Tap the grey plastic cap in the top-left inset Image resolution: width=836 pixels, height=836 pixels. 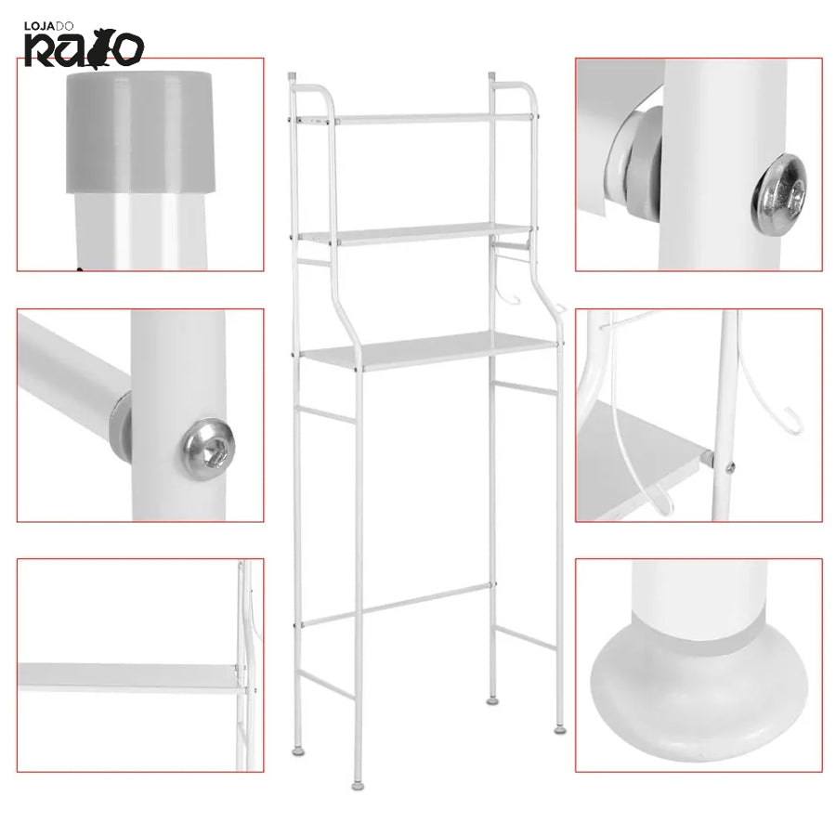coord(140,132)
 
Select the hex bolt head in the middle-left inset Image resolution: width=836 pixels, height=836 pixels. coord(208,449)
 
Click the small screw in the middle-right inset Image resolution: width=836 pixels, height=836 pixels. coord(730,467)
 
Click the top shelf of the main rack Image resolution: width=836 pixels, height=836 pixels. coord(417,118)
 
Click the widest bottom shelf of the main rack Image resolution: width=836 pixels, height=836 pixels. coord(430,350)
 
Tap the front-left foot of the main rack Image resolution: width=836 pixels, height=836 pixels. coord(359,785)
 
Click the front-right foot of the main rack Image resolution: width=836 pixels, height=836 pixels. coord(560,729)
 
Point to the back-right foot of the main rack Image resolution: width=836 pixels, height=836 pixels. coord(492,701)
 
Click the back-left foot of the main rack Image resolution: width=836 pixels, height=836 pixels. coord(298,751)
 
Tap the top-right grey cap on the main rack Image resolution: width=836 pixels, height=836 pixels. coord(491,76)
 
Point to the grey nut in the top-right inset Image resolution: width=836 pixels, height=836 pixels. coord(637,160)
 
